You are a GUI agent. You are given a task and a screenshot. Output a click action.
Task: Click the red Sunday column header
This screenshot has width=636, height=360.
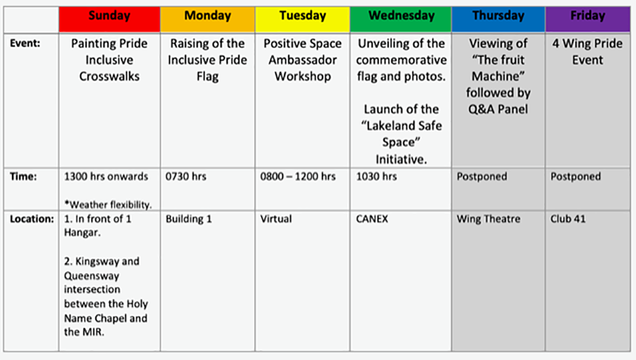[x=109, y=19]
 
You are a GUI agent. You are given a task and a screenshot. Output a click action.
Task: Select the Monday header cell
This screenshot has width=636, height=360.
[x=208, y=19]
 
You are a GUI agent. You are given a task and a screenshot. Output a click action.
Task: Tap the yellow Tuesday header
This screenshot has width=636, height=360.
[x=303, y=19]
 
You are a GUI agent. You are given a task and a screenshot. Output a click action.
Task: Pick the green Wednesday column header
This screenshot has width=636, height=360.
[x=401, y=19]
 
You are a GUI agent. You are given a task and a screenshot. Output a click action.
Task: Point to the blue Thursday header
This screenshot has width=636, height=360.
[x=499, y=19]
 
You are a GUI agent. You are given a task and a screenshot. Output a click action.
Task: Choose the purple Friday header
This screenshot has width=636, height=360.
[x=588, y=19]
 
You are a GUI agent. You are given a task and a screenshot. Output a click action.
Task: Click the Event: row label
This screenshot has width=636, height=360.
[x=25, y=43]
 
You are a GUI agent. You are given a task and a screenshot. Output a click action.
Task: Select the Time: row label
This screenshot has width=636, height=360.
[x=23, y=177]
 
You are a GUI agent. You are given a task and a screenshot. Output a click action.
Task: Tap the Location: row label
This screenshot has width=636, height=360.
[x=32, y=219]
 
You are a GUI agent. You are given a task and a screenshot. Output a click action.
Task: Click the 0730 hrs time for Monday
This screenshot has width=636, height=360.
[x=186, y=177]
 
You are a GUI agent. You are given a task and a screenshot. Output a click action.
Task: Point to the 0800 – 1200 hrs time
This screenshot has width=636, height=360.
[x=298, y=177]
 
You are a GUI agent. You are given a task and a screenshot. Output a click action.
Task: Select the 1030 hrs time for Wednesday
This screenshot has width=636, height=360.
[x=377, y=177]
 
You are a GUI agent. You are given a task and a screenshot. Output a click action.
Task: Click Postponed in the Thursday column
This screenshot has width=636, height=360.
[x=482, y=177]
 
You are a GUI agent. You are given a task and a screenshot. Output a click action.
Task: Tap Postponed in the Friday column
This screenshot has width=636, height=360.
[x=576, y=177]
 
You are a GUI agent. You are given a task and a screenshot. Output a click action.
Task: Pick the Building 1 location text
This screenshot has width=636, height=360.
[x=189, y=219]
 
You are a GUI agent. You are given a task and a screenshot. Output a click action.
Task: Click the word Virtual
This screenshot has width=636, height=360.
[x=276, y=219]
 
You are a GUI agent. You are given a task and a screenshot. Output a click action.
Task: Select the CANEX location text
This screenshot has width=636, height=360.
[x=372, y=219]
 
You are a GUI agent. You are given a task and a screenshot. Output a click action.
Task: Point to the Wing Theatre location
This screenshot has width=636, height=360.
[x=488, y=219]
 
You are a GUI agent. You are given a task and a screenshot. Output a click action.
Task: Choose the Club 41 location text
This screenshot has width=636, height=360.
[x=568, y=219]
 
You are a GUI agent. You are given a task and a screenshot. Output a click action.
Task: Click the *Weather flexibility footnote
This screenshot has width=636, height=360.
[x=108, y=205]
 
